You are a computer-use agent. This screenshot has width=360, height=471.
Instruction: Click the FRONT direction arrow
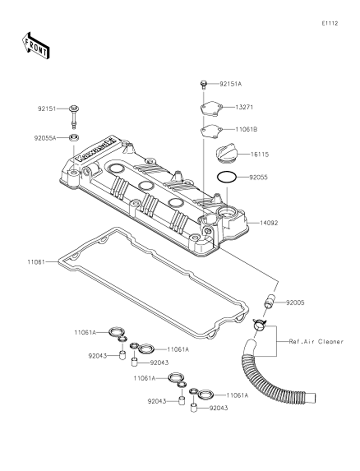35,45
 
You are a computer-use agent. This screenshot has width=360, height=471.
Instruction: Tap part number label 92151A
230,83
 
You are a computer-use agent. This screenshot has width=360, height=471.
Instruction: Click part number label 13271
245,107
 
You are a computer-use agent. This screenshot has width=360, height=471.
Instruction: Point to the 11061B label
246,129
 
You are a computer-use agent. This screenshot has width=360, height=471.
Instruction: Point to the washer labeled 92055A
75,137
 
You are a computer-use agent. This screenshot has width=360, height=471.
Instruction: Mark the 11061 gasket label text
37,262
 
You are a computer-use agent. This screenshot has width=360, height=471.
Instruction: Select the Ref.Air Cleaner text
316,341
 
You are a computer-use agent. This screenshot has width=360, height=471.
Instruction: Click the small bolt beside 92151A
203,84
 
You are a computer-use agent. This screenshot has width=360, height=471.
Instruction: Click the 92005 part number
295,303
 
